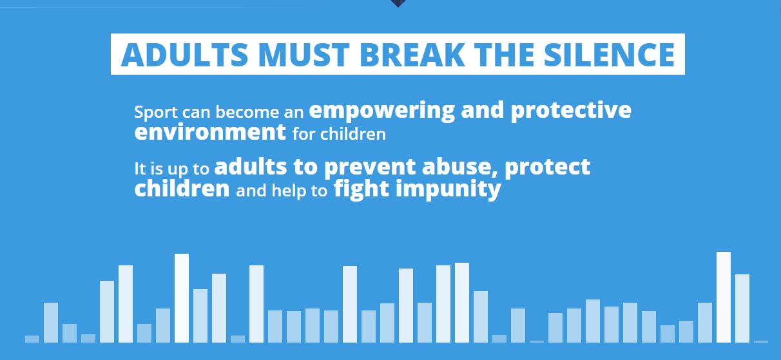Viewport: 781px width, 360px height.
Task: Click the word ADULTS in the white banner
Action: [x=184, y=54]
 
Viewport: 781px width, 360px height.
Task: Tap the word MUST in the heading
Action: [x=304, y=54]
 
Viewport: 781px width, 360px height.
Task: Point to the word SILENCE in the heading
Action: [x=609, y=54]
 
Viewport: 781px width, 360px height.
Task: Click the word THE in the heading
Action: [x=504, y=54]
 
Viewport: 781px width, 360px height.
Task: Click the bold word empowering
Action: [x=381, y=111]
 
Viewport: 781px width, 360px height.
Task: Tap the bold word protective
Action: [x=571, y=111]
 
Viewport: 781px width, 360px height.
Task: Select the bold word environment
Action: [x=210, y=132]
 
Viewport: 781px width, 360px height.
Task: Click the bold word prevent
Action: [x=370, y=167]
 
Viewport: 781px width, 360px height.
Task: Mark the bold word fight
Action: [x=362, y=189]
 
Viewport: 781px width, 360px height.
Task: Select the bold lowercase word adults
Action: [x=251, y=167]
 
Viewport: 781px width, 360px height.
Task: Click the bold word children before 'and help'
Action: [x=182, y=189]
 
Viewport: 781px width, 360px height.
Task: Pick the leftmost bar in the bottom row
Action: [x=32, y=339]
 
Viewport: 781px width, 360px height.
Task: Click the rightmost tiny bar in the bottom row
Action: [x=761, y=341]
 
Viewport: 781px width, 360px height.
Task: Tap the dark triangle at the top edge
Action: [x=398, y=3]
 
